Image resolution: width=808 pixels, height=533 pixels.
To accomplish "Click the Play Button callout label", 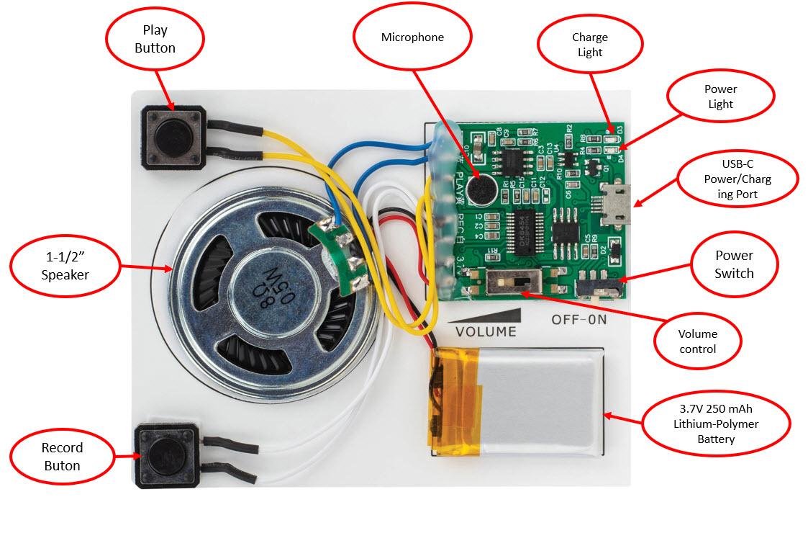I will point(155,39).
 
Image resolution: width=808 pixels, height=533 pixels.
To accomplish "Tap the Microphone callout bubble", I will point(412,37).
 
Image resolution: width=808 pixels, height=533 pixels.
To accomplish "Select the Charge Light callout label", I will point(589,44).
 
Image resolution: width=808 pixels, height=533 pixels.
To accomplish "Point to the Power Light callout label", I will point(720,97).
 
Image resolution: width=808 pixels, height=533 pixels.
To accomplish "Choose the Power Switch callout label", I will point(734,264).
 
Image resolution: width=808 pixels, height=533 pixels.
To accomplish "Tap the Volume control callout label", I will point(697,341).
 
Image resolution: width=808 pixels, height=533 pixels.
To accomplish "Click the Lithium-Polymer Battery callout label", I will point(716,424).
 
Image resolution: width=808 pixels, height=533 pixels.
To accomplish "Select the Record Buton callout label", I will point(62,456).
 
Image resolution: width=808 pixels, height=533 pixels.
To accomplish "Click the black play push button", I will point(175,135).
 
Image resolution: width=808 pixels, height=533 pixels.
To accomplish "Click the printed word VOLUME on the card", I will point(486,331).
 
